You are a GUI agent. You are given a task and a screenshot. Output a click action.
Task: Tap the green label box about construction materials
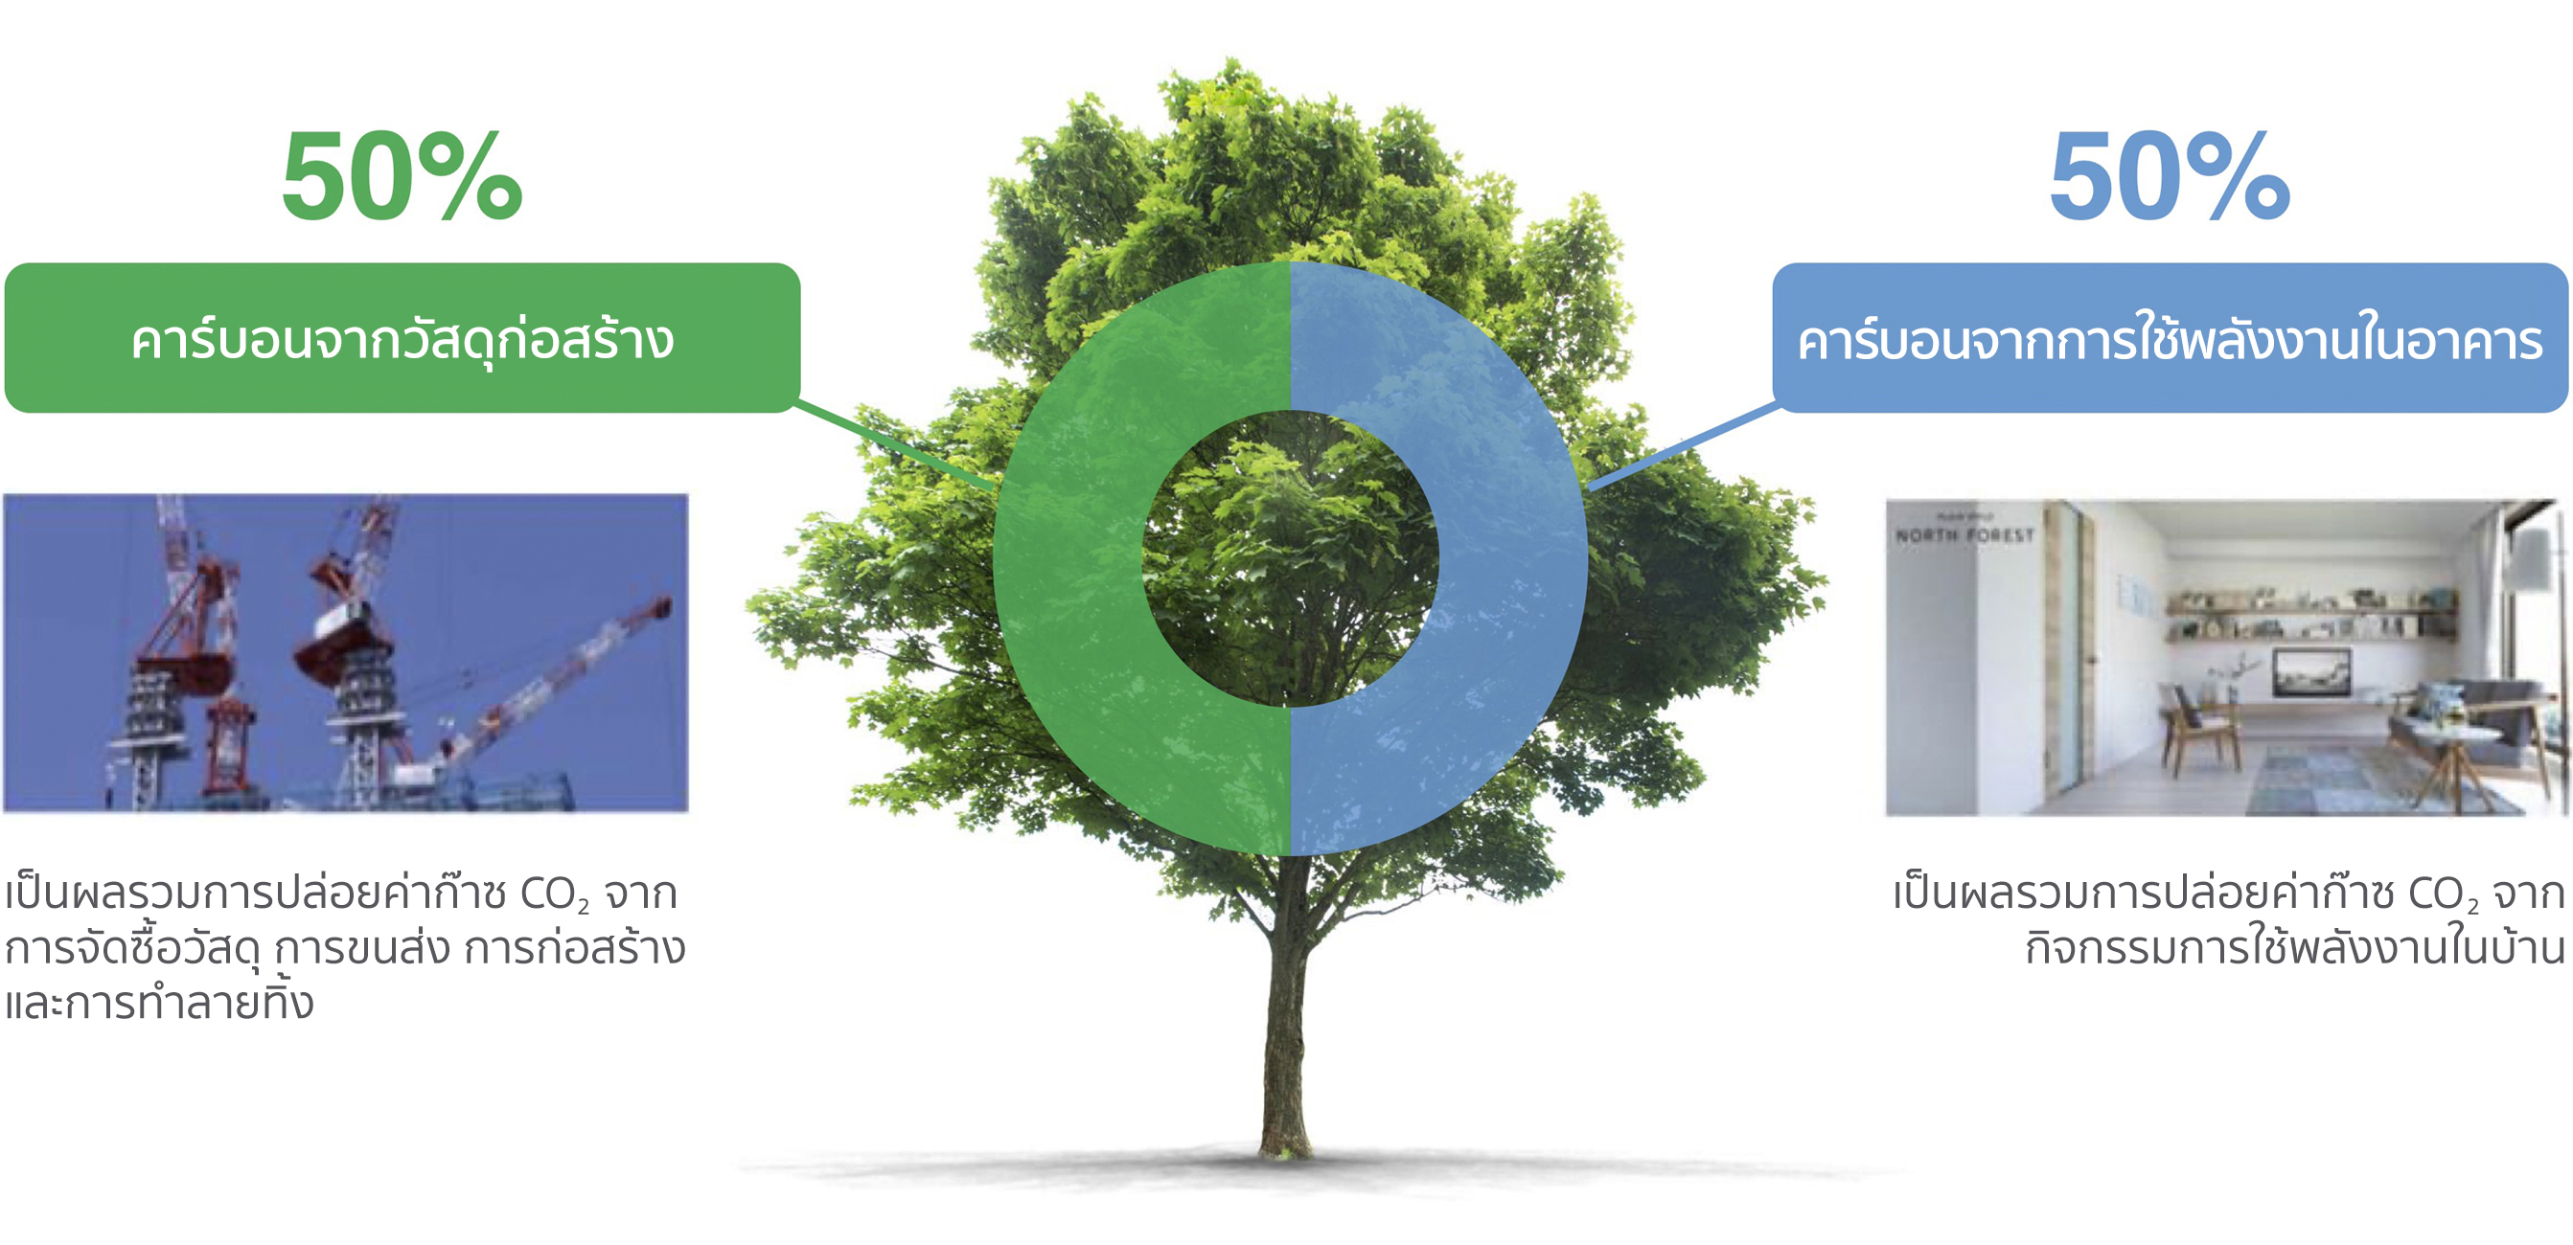pos(402,337)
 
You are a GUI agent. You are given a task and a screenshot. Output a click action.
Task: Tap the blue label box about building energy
pos(2171,337)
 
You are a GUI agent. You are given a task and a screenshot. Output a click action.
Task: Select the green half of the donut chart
pos(1068,559)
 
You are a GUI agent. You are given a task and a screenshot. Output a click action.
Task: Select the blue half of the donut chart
pos(1513,559)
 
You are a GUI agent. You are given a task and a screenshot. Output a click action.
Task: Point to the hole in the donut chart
pos(1291,559)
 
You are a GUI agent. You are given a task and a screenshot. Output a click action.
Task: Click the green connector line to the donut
pos(897,445)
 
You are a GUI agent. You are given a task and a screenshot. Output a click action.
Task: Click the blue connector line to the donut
pos(1683,445)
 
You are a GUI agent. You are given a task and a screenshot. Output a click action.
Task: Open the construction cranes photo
pos(346,653)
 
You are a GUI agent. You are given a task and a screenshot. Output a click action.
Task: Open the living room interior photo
pos(2226,658)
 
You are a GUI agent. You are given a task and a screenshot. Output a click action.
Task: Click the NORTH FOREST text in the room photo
pos(1964,535)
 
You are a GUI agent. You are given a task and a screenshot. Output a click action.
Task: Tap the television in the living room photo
pos(2311,671)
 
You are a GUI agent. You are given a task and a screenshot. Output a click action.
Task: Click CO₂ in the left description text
pos(554,894)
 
